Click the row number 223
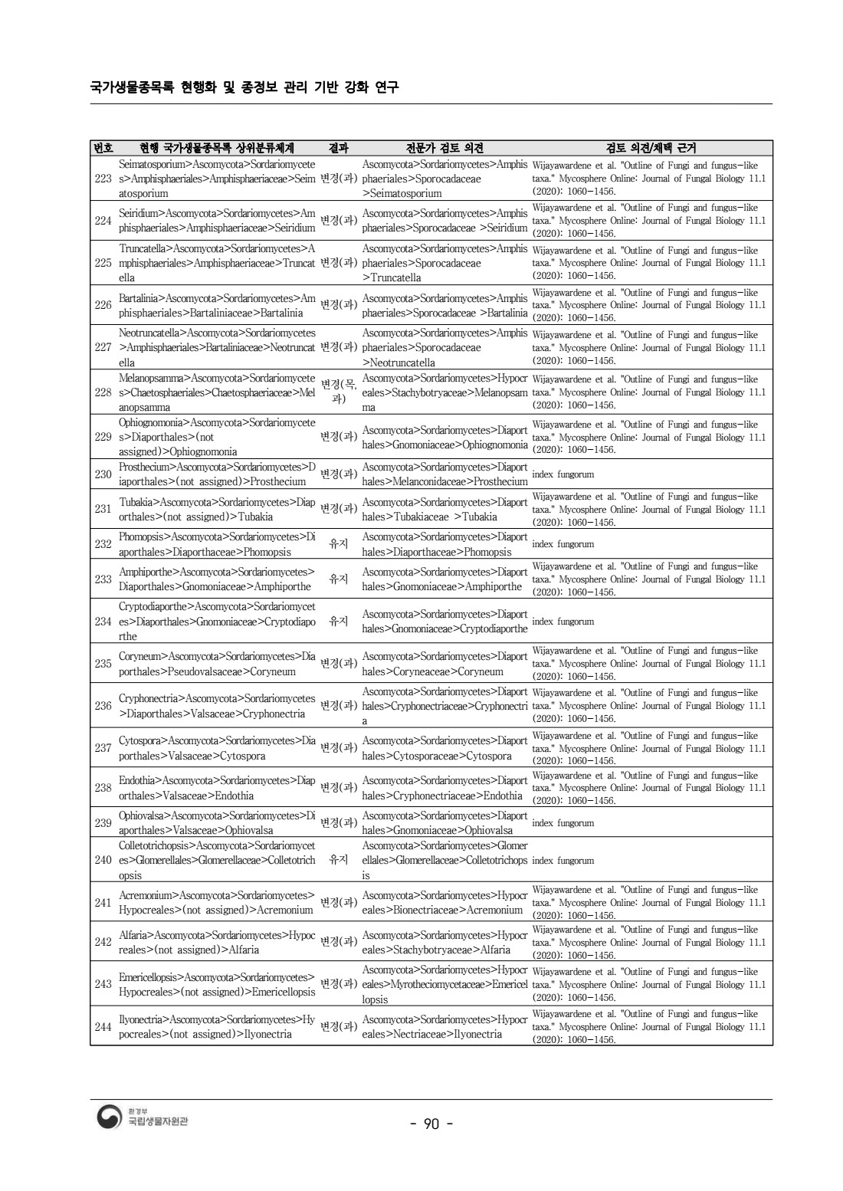[103, 179]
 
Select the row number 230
[103, 474]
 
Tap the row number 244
[103, 1026]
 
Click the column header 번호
[103, 148]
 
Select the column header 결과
[338, 148]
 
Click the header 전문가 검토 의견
[444, 148]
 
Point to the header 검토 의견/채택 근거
[651, 148]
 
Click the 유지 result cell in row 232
[338, 544]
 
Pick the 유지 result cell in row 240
[338, 860]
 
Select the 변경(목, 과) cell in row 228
[338, 392]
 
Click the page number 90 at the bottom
[431, 1124]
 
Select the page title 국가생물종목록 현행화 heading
[244, 87]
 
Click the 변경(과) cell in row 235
[338, 664]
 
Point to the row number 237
[103, 748]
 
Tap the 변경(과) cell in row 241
[338, 902]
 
